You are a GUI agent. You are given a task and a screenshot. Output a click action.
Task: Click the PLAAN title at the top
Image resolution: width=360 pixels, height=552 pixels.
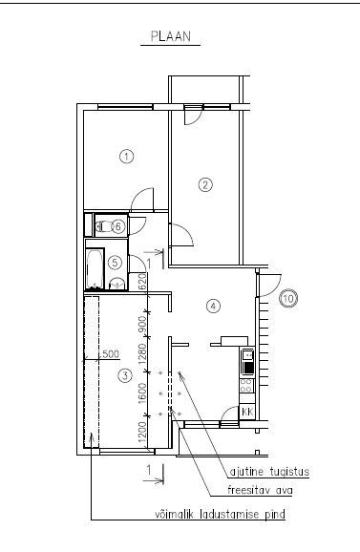click(171, 36)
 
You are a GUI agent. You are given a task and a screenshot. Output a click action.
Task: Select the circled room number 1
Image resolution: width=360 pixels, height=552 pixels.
click(127, 156)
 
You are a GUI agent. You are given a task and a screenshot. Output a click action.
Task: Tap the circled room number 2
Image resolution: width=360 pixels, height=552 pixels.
click(205, 185)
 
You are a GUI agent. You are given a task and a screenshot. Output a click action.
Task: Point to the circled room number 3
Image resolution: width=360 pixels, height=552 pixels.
click(125, 375)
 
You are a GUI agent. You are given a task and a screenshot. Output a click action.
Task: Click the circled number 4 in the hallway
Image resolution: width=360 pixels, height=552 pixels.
click(213, 306)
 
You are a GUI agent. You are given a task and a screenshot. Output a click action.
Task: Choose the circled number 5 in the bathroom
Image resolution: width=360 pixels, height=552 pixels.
click(115, 263)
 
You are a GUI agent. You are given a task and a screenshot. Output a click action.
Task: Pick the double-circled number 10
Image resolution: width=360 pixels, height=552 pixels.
click(288, 299)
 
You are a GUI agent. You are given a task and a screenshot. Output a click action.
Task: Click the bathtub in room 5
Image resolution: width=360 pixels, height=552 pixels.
click(95, 268)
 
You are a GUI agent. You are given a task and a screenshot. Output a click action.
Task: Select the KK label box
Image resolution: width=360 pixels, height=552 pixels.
click(247, 412)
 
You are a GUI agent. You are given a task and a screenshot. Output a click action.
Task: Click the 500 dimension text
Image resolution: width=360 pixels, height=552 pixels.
click(111, 354)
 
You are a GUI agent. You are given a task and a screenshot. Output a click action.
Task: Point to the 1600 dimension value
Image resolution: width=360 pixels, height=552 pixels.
click(142, 393)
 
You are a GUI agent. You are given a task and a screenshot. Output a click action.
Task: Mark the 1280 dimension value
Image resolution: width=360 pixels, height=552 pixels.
click(142, 353)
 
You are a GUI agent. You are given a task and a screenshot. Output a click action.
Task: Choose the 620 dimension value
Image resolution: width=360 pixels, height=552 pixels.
click(142, 282)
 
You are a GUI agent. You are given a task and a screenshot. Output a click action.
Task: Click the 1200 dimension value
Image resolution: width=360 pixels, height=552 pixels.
click(142, 432)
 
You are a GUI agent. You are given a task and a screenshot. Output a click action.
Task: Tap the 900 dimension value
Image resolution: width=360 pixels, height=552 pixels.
click(142, 325)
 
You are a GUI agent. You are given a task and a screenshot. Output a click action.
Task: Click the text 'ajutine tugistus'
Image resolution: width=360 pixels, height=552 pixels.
click(269, 472)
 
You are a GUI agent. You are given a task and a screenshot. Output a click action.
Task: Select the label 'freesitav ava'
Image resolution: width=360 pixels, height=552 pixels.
click(260, 490)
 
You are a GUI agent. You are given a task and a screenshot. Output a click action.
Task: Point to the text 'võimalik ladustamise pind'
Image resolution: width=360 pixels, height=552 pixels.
click(221, 515)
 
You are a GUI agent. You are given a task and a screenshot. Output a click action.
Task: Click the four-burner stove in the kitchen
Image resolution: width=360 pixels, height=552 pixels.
click(246, 386)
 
